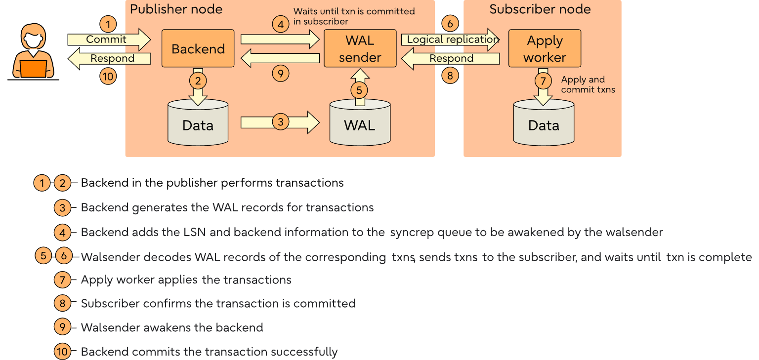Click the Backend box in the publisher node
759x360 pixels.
[198, 48]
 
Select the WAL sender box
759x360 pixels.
[360, 48]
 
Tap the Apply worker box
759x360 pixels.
[545, 48]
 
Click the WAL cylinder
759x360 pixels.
[360, 124]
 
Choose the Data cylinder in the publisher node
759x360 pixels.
[198, 124]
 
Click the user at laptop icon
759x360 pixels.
[34, 52]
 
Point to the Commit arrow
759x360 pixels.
[108, 40]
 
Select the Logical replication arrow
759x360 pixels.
[451, 40]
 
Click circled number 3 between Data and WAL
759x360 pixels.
[281, 122]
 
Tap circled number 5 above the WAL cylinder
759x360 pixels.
[360, 90]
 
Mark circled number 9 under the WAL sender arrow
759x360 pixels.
[281, 74]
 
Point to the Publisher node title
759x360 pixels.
[176, 9]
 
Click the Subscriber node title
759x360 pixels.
[540, 9]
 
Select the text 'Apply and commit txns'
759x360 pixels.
[588, 84]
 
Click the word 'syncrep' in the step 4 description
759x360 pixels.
[410, 232]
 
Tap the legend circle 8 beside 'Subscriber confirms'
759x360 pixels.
[62, 303]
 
